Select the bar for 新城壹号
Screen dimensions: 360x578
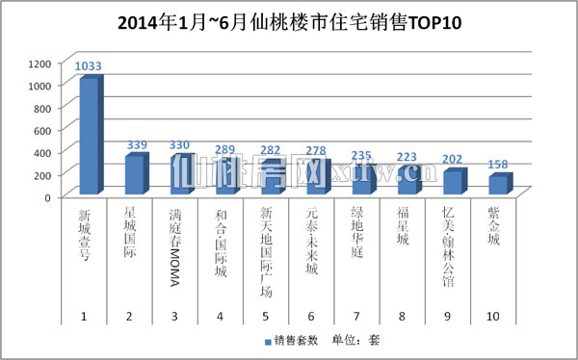click(87, 137)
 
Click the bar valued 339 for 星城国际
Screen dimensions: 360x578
click(135, 175)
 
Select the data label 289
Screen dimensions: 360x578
click(228, 150)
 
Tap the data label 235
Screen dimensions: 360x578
click(364, 156)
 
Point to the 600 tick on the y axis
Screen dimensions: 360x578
click(40, 130)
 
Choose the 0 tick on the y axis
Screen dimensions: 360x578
click(46, 196)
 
